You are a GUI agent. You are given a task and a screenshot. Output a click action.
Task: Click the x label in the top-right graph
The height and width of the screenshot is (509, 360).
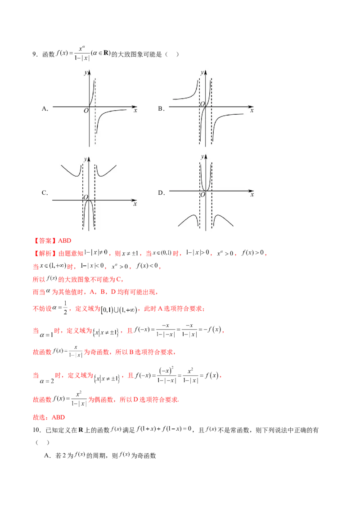tap(252, 110)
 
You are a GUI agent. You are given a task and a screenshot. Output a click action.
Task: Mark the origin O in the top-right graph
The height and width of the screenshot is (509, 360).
tap(202, 104)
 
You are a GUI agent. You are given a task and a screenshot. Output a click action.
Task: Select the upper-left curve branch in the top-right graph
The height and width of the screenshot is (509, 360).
tap(184, 96)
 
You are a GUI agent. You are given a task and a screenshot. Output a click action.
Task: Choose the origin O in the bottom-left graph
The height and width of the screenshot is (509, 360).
tap(85, 197)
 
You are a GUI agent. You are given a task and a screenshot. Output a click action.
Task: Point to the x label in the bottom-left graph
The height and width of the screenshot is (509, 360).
tap(135, 204)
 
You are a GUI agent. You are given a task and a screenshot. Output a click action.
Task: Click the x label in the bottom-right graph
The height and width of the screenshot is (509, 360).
tap(252, 195)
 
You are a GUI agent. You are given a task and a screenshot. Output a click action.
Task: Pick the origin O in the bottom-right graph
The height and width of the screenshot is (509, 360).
tap(202, 194)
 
